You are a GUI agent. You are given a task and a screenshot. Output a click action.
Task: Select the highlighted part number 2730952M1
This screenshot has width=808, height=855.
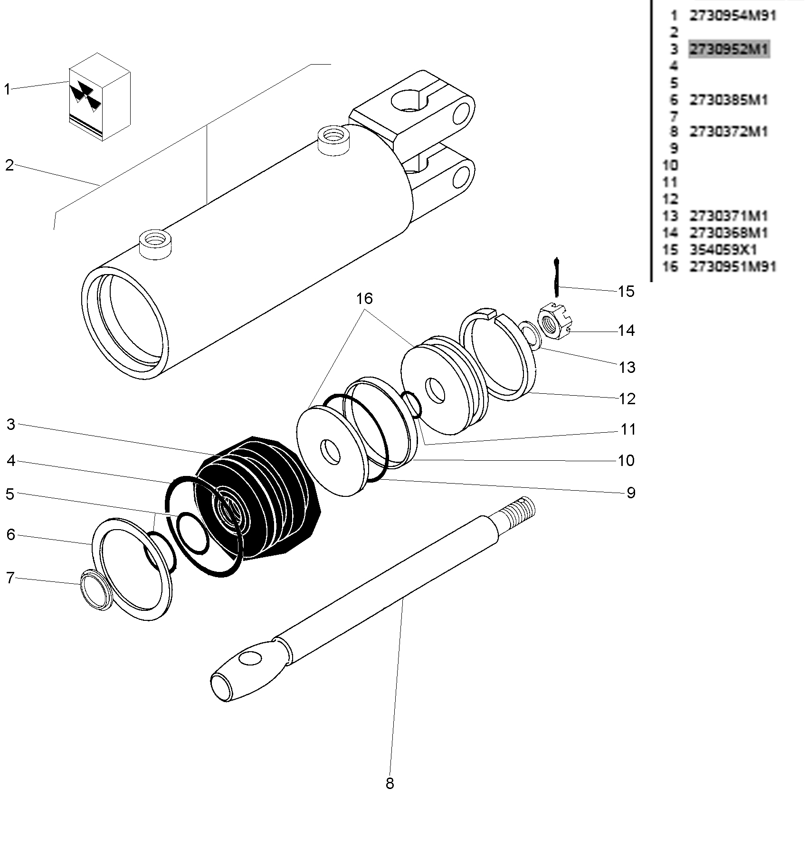click(729, 49)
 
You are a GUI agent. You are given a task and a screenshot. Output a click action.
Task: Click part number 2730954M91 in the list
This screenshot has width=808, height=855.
click(732, 16)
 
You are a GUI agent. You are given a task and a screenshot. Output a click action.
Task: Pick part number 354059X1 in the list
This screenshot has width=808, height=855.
click(723, 250)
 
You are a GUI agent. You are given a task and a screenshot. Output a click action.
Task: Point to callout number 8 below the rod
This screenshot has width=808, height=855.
click(390, 783)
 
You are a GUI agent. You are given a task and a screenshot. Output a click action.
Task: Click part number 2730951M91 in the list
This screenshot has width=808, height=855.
click(732, 266)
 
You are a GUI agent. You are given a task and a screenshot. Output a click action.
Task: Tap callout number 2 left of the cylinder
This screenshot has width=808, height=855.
click(10, 165)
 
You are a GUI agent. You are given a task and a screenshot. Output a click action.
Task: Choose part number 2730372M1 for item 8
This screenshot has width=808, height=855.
click(729, 132)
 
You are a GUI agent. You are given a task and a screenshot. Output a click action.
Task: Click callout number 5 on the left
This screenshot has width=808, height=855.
click(10, 494)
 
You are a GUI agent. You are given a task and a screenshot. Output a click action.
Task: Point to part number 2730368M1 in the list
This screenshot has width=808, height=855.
click(729, 233)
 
